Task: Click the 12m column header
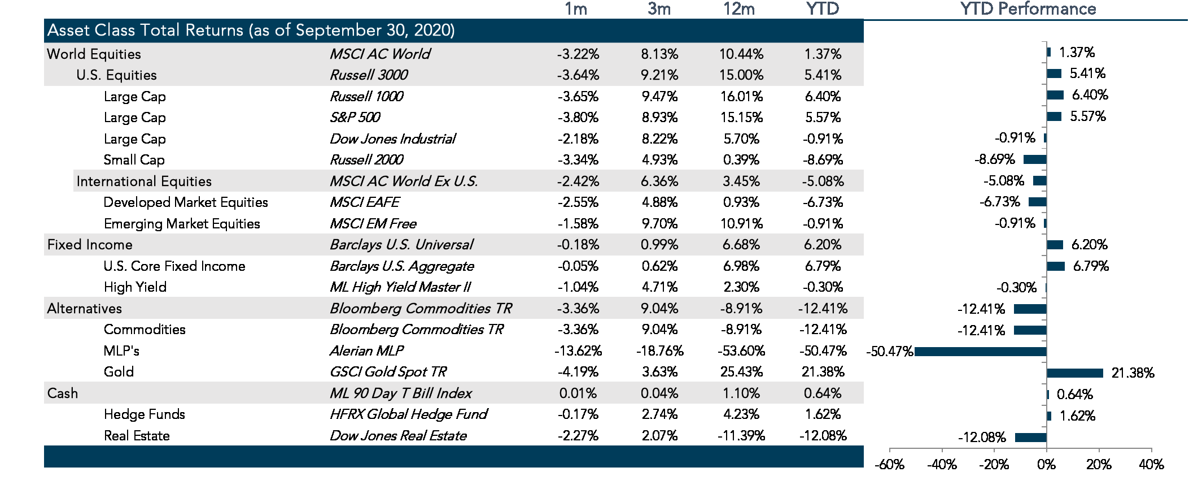point(738,9)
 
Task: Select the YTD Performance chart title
point(1028,9)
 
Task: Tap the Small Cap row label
point(134,160)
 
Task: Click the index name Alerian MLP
point(366,351)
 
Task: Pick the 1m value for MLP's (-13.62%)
point(578,351)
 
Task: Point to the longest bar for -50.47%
point(980,352)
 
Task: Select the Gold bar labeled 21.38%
point(1074,373)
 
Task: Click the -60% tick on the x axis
point(889,465)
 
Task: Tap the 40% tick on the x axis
point(1151,465)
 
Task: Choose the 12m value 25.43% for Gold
point(741,372)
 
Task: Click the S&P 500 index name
point(355,118)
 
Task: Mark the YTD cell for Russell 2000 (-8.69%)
point(823,160)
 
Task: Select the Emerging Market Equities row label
point(182,224)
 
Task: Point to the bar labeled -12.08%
point(1030,437)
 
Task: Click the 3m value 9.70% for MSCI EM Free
point(659,224)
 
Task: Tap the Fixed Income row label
point(90,245)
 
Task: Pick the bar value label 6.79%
point(1090,266)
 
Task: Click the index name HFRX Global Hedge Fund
point(408,414)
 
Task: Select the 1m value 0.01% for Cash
point(578,393)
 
